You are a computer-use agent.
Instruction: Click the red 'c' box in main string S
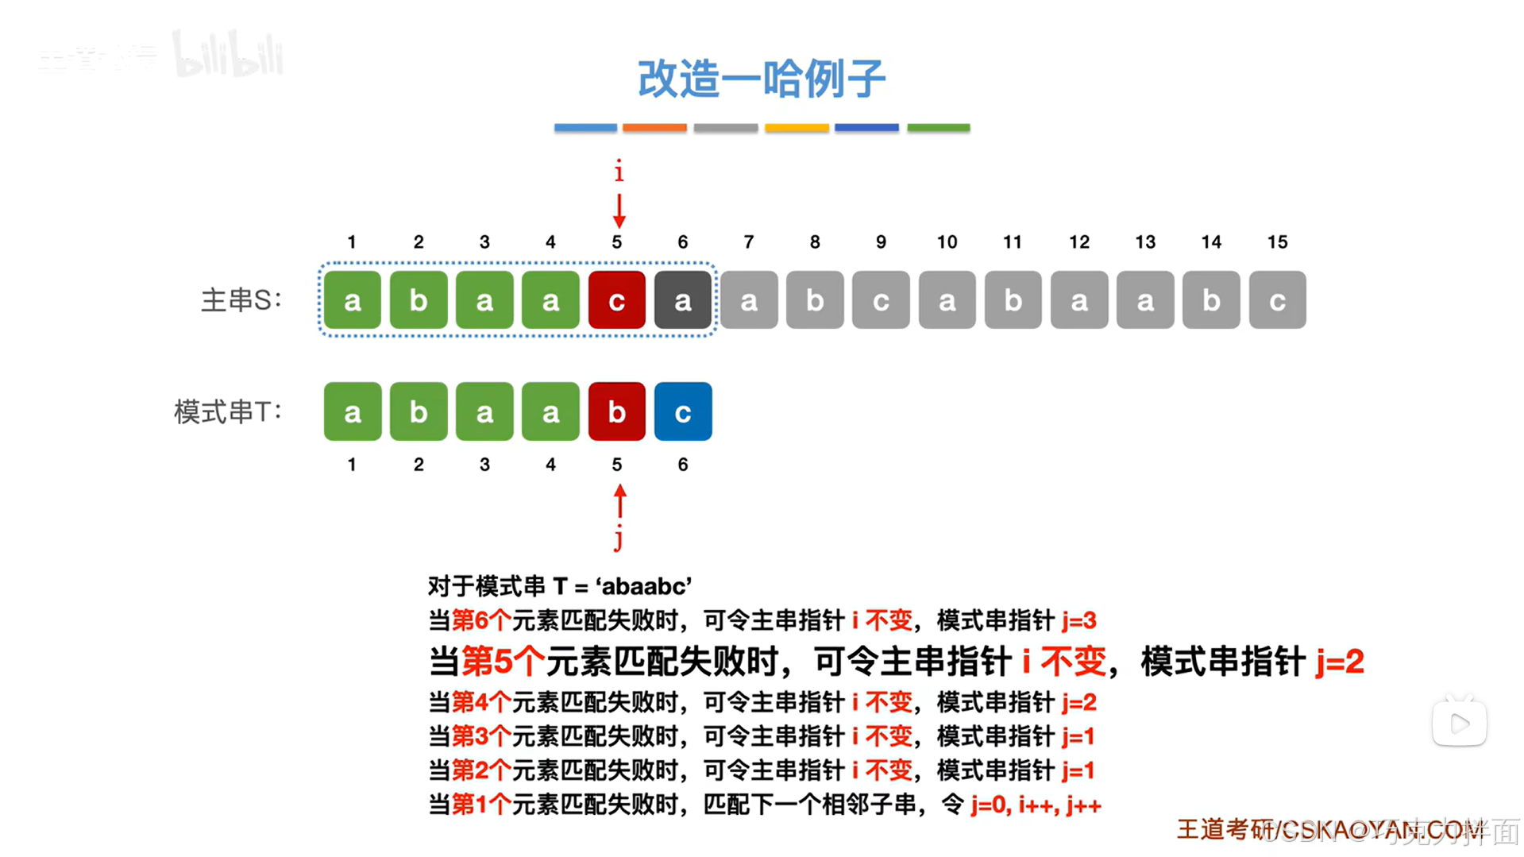(x=616, y=300)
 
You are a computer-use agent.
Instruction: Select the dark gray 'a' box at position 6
(x=682, y=300)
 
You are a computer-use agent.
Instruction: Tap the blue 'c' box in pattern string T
(x=682, y=412)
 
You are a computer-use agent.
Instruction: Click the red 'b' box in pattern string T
(x=616, y=412)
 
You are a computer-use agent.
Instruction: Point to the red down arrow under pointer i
(x=619, y=210)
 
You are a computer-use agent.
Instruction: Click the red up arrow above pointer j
(x=619, y=501)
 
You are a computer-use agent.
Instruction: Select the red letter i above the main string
(x=619, y=172)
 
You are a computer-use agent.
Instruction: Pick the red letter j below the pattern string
(x=618, y=538)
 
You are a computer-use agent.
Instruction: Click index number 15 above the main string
(x=1277, y=242)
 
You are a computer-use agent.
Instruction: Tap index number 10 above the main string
(x=947, y=242)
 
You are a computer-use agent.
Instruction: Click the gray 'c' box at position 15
(x=1277, y=300)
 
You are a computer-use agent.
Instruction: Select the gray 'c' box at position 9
(x=881, y=300)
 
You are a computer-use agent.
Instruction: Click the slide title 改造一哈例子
(x=761, y=79)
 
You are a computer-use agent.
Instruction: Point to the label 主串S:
(x=241, y=300)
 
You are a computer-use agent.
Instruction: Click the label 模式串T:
(x=228, y=412)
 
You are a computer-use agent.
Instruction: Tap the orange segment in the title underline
(x=654, y=127)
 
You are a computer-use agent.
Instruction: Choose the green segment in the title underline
(x=938, y=127)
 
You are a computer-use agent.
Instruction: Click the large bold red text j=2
(x=1339, y=662)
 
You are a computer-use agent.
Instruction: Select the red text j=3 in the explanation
(x=1078, y=620)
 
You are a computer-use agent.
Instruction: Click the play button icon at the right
(x=1459, y=723)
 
